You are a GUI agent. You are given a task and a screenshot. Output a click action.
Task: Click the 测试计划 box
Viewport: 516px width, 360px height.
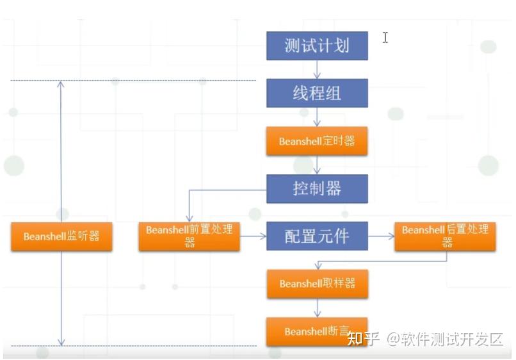[x=317, y=46]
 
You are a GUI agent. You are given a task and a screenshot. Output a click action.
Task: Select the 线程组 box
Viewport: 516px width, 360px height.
[x=317, y=93]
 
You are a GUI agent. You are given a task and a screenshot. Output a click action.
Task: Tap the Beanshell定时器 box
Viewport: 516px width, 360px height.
[x=317, y=141]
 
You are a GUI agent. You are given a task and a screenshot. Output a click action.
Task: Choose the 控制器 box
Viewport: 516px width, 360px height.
[x=317, y=189]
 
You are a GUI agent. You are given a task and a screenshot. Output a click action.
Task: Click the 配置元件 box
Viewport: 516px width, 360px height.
[x=317, y=236]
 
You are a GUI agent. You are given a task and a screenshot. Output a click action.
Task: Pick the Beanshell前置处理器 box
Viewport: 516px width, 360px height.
[x=189, y=236]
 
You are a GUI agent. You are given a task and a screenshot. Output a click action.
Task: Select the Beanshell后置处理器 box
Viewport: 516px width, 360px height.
[x=446, y=236]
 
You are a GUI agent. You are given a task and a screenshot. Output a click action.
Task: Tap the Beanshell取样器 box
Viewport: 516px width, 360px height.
[x=317, y=283]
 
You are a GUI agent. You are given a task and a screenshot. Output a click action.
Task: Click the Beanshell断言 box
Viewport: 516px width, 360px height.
[x=317, y=331]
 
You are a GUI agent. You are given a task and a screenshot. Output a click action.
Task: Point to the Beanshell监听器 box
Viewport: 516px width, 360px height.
[x=61, y=236]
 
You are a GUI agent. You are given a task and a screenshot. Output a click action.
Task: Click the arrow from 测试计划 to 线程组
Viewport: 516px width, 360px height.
[x=317, y=70]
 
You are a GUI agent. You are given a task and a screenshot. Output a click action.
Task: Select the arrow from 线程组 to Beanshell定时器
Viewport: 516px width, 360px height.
[x=317, y=117]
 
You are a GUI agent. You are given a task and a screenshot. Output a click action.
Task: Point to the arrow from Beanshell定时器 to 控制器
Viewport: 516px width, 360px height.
[x=317, y=165]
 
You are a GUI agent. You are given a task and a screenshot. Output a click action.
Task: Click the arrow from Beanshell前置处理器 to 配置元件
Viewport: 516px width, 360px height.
[x=254, y=236]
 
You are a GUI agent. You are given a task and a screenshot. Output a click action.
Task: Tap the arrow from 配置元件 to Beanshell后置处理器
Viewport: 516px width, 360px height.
[x=382, y=236]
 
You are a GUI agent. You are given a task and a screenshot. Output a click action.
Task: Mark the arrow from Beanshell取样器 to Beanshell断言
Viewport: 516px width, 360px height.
[x=317, y=307]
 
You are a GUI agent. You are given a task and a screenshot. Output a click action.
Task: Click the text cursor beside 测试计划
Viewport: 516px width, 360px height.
[x=385, y=37]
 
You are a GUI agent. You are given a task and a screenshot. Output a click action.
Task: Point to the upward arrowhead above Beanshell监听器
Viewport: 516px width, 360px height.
[x=61, y=84]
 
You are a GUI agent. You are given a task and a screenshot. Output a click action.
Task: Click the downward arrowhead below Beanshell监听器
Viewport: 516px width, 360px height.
[x=61, y=342]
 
